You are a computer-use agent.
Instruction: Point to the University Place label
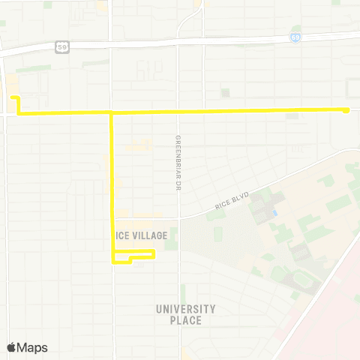(185, 314)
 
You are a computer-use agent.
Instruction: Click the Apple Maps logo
(27, 347)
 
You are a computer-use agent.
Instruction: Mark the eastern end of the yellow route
(347, 110)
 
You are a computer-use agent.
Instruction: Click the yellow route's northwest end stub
(13, 98)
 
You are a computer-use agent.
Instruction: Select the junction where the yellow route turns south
(112, 113)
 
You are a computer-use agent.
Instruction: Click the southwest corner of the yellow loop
(113, 262)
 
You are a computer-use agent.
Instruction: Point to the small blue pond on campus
(276, 213)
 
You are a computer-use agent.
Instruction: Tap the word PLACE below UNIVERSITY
(185, 321)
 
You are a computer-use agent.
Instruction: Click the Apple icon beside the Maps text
(11, 346)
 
